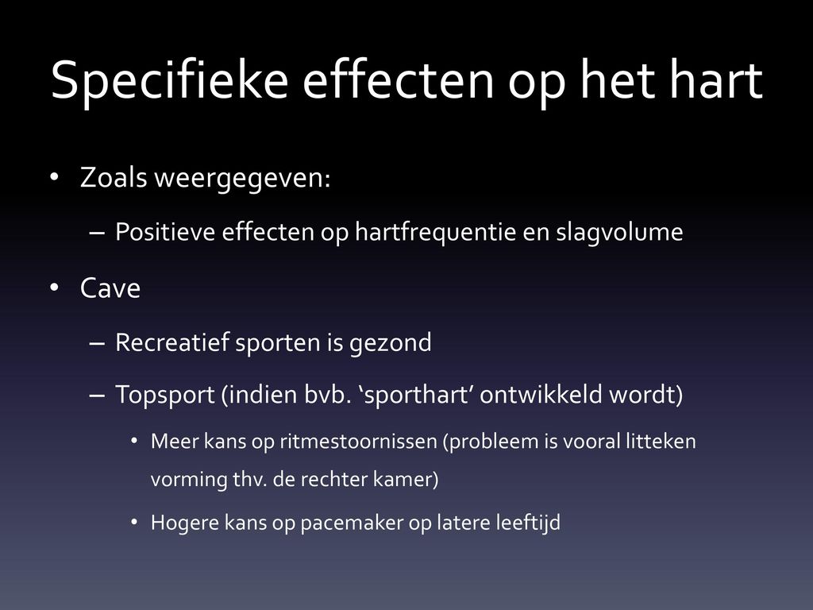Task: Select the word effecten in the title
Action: coord(399,79)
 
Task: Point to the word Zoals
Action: coord(114,177)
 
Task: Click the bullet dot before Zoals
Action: coord(54,176)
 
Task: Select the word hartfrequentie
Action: coord(435,232)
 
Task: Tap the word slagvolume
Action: coord(619,232)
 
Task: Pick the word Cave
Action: coord(110,288)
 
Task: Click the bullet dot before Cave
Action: coord(54,287)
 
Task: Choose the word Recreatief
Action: coord(171,342)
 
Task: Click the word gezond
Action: coord(391,343)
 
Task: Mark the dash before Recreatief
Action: coord(96,343)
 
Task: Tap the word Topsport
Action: coord(164,396)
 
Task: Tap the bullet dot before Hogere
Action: coord(134,523)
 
